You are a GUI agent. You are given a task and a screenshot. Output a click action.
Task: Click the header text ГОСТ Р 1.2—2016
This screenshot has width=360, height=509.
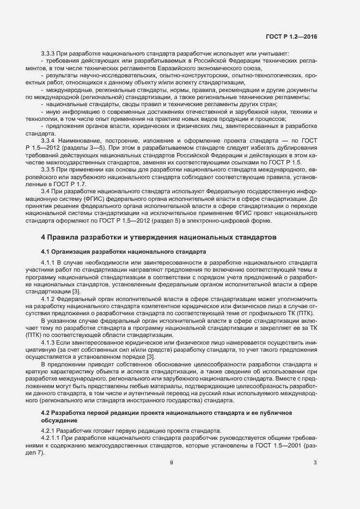pos(291,36)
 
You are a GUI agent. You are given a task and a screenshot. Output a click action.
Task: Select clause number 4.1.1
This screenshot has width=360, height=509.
pos(48,263)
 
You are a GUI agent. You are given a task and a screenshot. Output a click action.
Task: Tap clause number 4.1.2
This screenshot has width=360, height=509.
pos(48,299)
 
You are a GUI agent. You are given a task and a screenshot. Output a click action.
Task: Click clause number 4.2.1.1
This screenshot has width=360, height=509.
pos(52,437)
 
